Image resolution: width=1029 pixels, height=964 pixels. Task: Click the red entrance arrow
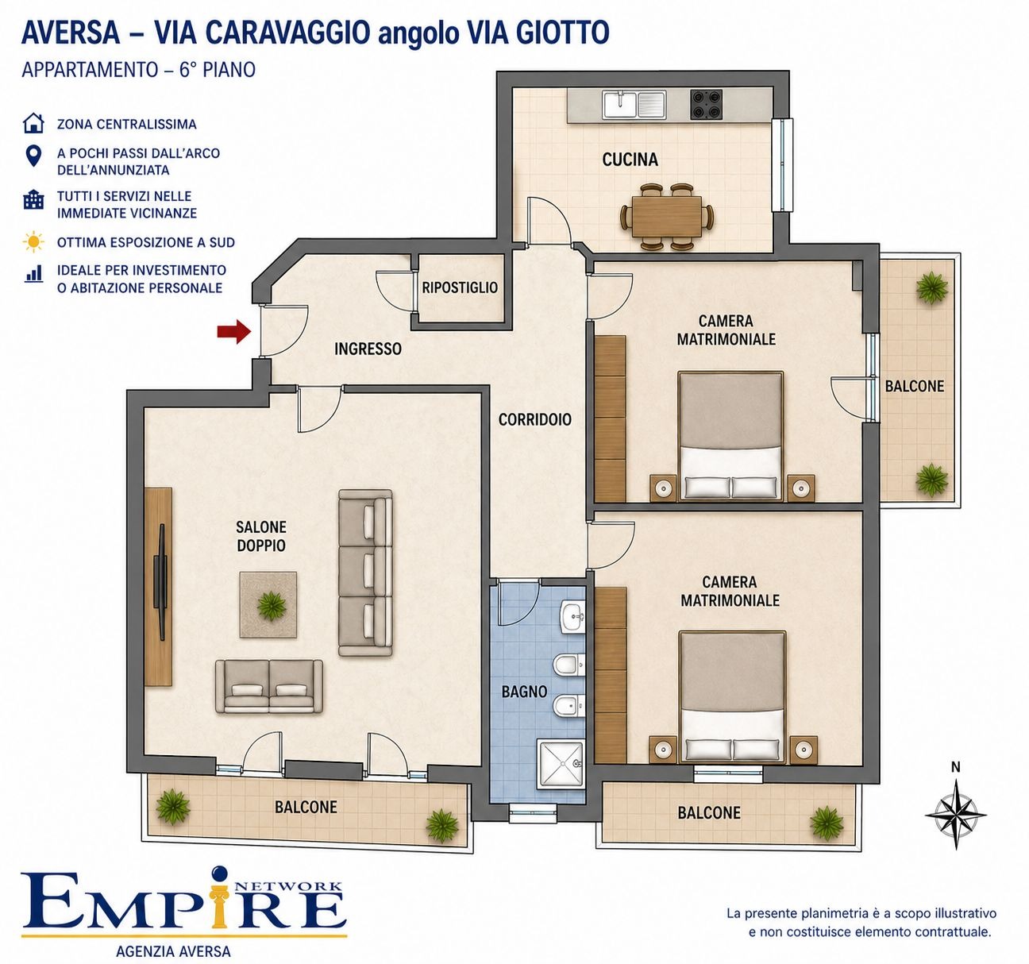click(x=234, y=332)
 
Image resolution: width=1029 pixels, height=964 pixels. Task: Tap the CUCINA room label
click(x=630, y=159)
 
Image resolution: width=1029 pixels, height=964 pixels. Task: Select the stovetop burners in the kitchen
click(x=706, y=104)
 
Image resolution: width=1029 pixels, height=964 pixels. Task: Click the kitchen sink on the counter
click(x=634, y=104)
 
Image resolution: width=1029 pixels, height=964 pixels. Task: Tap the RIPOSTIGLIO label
click(x=460, y=287)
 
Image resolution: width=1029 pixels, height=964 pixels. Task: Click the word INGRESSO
click(x=368, y=349)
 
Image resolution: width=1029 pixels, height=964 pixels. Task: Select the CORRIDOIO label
click(x=534, y=419)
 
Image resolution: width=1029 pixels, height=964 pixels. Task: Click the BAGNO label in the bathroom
click(x=524, y=692)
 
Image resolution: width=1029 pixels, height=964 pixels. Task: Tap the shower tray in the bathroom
click(x=561, y=765)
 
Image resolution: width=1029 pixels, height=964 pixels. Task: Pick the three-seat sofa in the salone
click(x=365, y=574)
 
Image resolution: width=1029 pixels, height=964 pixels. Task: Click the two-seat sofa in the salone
click(x=269, y=687)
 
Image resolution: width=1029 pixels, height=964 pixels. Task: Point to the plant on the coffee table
click(x=272, y=605)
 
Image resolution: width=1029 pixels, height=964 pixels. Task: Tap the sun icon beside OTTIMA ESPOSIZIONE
click(x=33, y=242)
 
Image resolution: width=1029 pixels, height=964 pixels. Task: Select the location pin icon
click(x=33, y=156)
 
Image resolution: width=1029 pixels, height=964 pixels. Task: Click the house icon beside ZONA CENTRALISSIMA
click(x=33, y=123)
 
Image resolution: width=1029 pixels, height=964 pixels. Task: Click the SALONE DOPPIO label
click(x=261, y=536)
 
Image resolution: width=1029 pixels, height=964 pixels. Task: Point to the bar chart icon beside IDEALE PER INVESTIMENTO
click(x=33, y=273)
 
